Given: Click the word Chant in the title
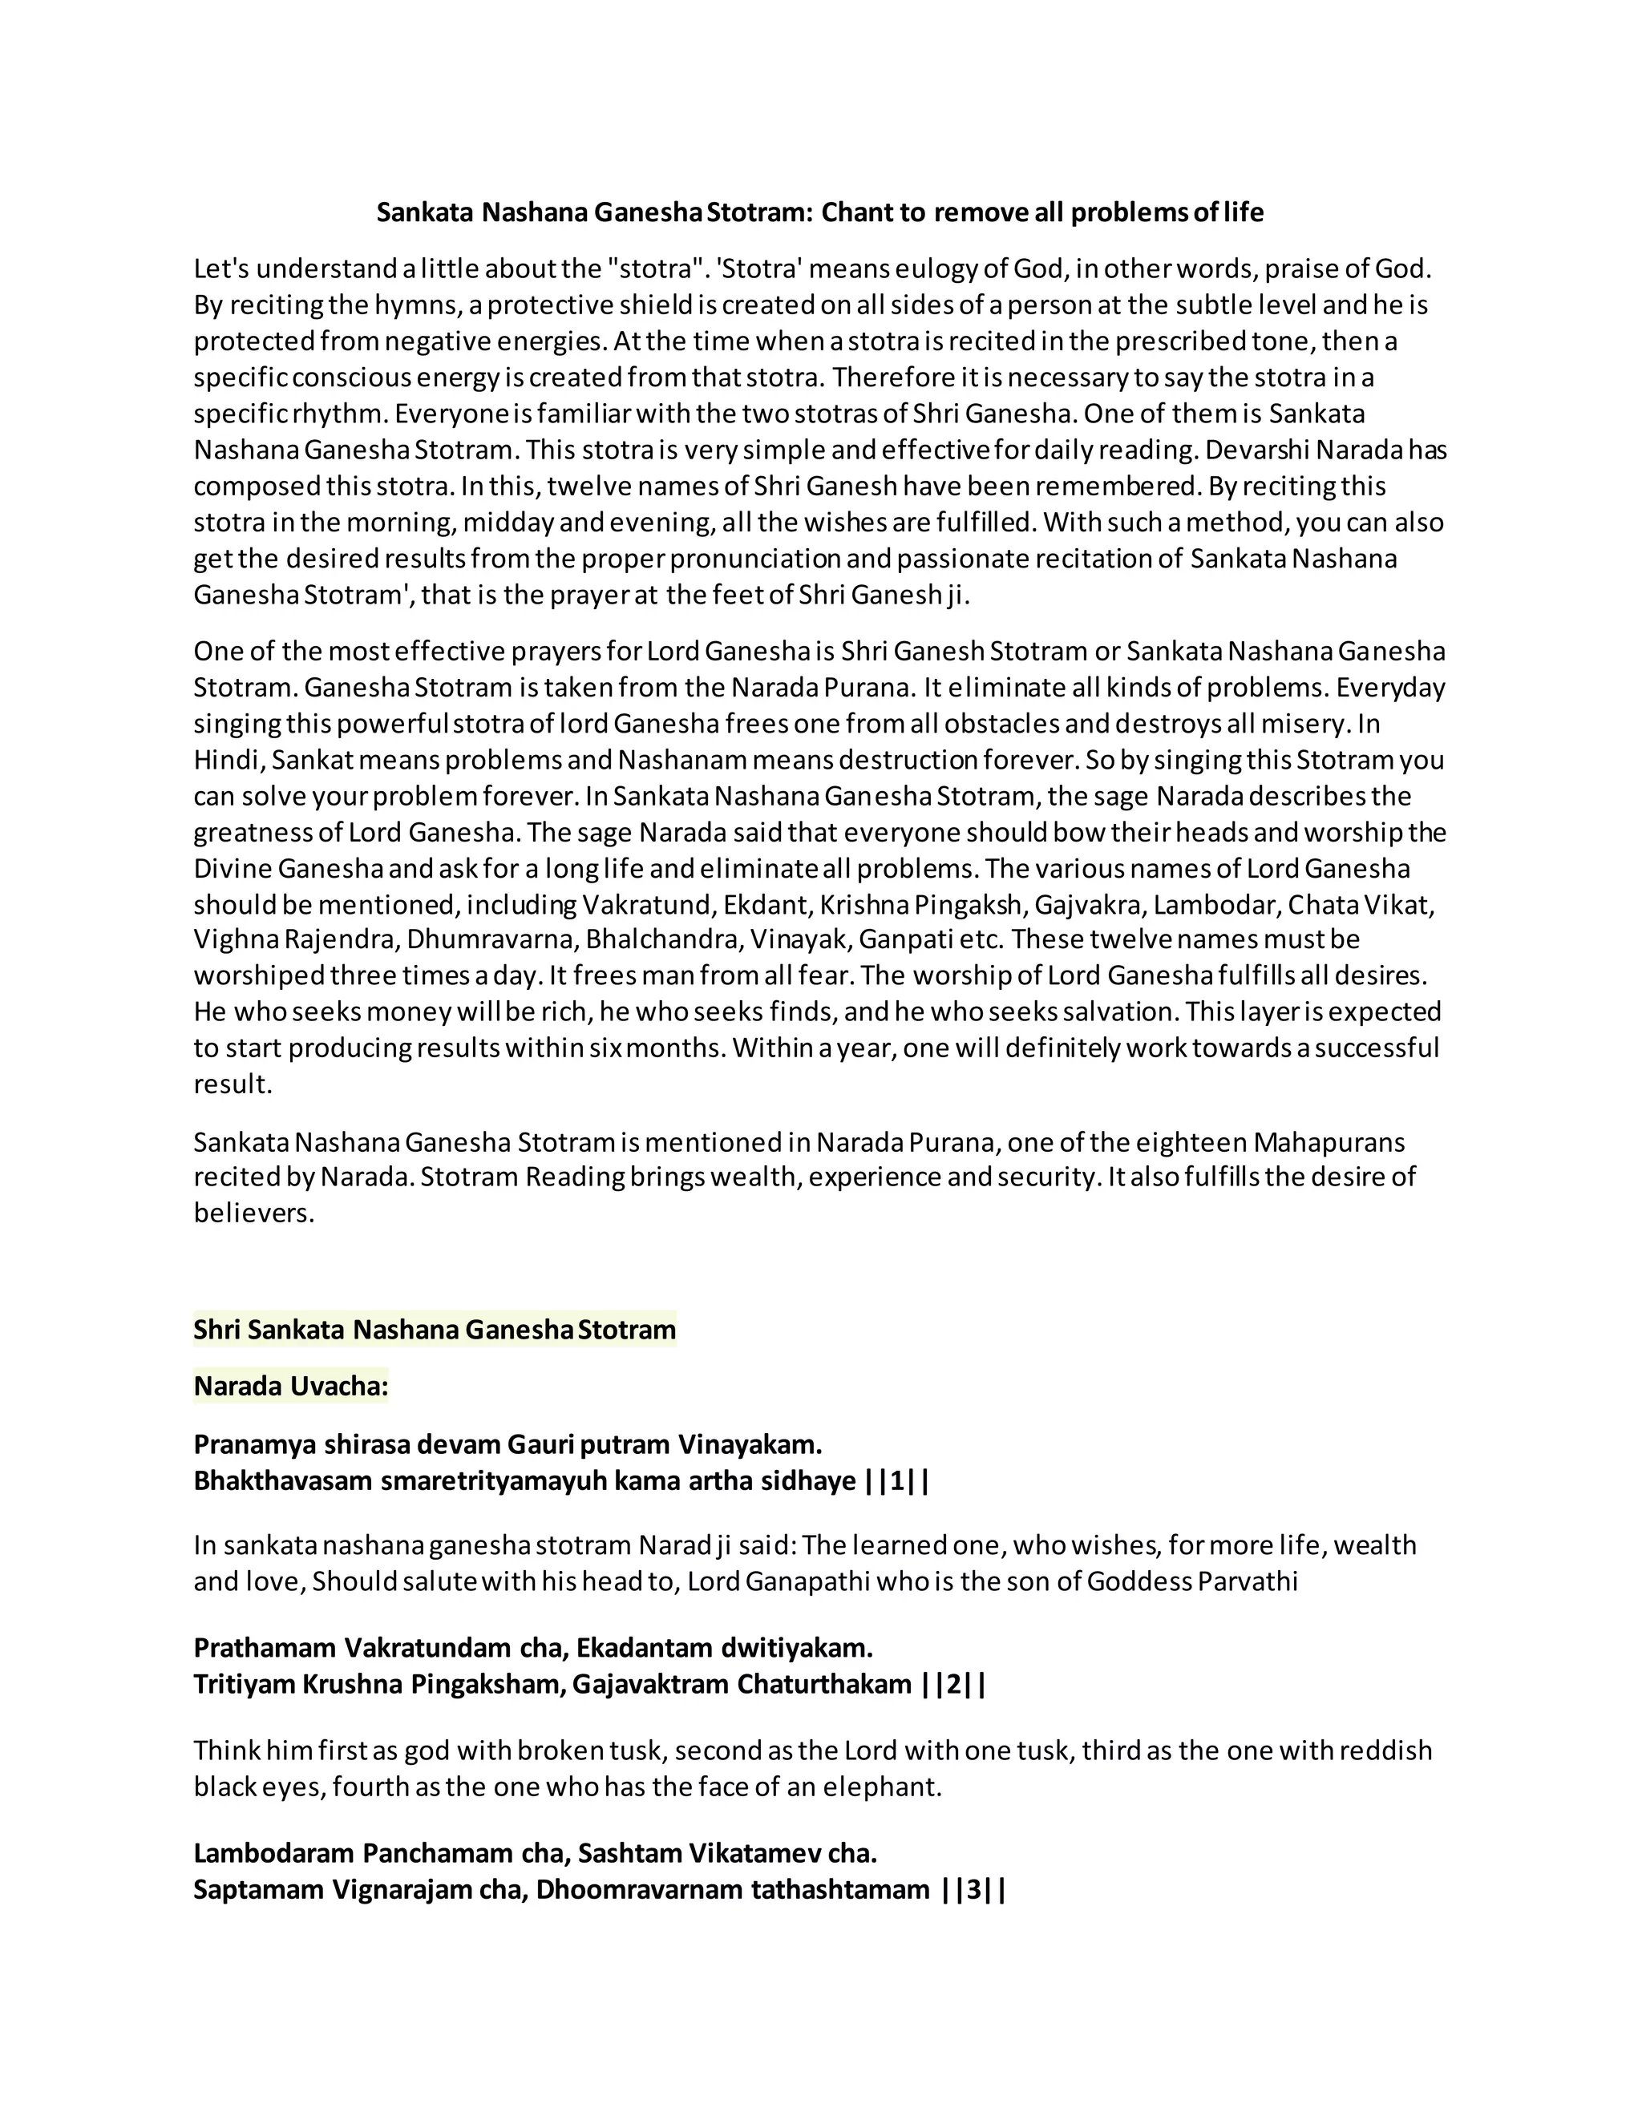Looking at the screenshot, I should click(856, 212).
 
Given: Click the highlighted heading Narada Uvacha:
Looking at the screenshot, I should click(291, 1386).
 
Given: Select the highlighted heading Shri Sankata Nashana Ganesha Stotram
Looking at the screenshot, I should click(434, 1330).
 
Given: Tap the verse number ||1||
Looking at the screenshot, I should click(897, 1481).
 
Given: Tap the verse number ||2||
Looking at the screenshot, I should click(953, 1685).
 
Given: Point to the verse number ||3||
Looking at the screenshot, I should click(973, 1890).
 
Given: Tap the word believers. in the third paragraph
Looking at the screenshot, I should click(254, 1213).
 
